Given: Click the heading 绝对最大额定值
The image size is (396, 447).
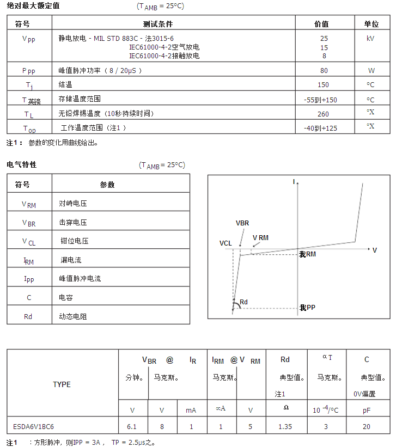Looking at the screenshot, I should pyautogui.click(x=33, y=5).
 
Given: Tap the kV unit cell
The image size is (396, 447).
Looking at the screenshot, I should pyautogui.click(x=371, y=39).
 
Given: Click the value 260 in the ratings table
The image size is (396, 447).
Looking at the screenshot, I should pyautogui.click(x=324, y=114).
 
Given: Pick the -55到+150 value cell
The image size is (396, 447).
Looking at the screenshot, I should pyautogui.click(x=320, y=100).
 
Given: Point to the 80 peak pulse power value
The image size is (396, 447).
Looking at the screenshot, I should pyautogui.click(x=324, y=71).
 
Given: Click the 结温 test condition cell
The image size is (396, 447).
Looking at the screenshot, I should pyautogui.click(x=65, y=85).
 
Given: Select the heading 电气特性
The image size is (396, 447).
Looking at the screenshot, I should pyautogui.click(x=22, y=164).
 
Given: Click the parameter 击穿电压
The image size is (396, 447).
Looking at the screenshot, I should pyautogui.click(x=73, y=223).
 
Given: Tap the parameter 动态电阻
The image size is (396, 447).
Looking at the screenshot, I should pyautogui.click(x=73, y=316).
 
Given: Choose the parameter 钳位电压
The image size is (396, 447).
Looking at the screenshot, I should pyautogui.click(x=74, y=241).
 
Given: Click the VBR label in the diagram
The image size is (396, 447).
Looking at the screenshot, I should pyautogui.click(x=242, y=223).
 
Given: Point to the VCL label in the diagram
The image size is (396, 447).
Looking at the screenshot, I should pyautogui.click(x=226, y=243).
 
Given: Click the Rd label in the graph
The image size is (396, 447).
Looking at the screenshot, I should pyautogui.click(x=243, y=302).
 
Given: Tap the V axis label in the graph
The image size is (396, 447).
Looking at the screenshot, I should pyautogui.click(x=374, y=250).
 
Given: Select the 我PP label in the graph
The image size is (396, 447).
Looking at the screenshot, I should pyautogui.click(x=307, y=308).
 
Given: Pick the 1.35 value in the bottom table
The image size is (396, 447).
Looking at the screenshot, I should pyautogui.click(x=285, y=427).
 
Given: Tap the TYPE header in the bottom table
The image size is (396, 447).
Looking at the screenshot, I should pyautogui.click(x=62, y=384).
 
